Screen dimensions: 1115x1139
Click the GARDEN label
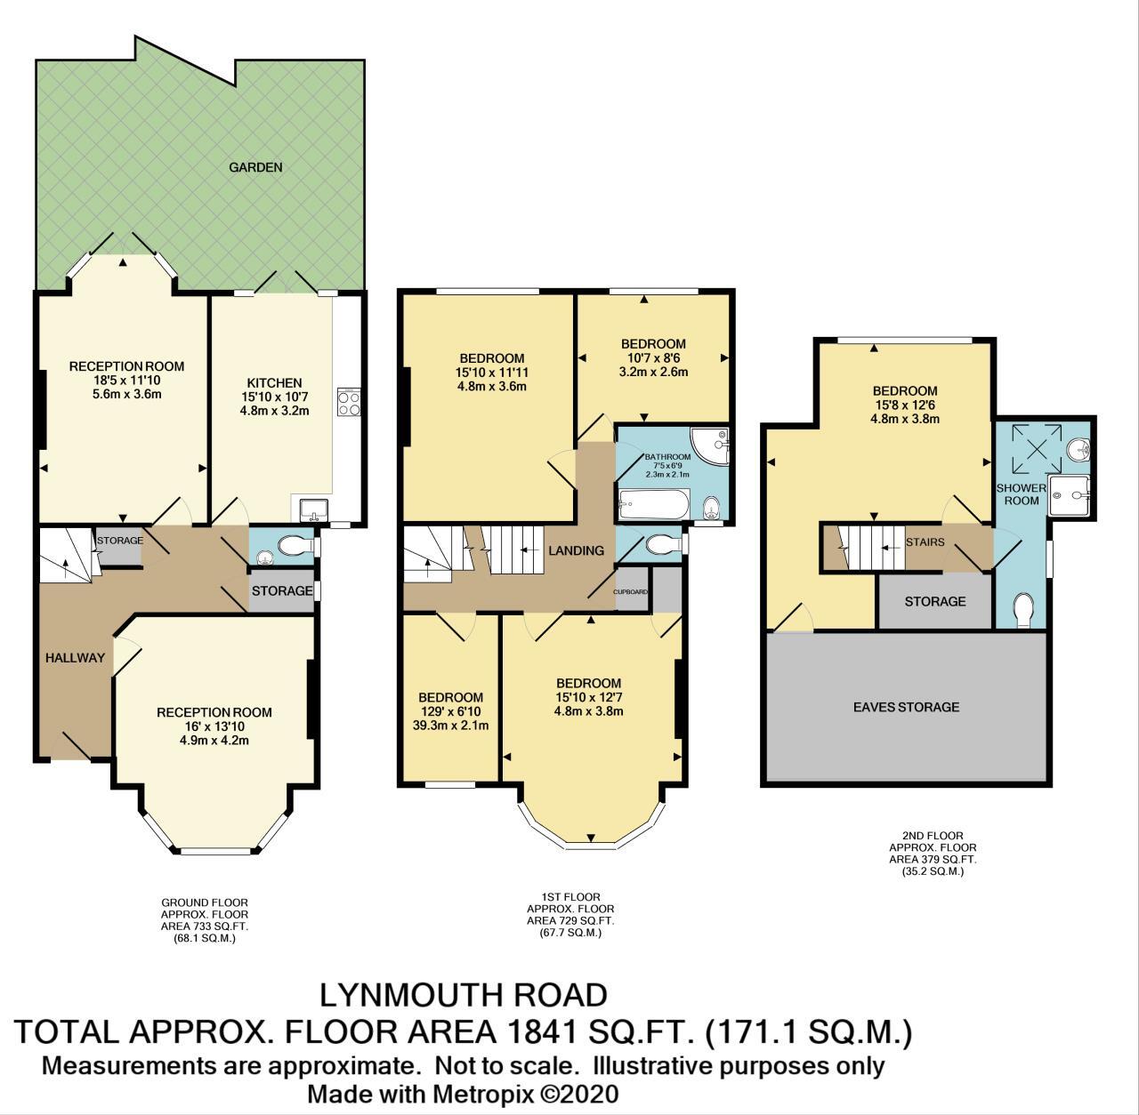tap(255, 167)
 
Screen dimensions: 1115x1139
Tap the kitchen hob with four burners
tap(348, 403)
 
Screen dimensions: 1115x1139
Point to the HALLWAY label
tap(76, 658)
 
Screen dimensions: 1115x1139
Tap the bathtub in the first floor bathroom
tap(654, 504)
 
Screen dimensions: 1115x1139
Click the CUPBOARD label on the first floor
tap(631, 591)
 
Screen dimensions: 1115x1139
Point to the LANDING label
tap(576, 550)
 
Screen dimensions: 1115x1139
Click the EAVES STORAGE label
tap(906, 707)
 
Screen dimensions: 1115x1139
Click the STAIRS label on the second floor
tap(925, 541)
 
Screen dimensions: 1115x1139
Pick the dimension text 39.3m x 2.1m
tap(451, 726)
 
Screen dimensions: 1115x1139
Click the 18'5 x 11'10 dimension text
tap(126, 380)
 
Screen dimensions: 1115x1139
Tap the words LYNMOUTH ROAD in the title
tap(464, 994)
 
